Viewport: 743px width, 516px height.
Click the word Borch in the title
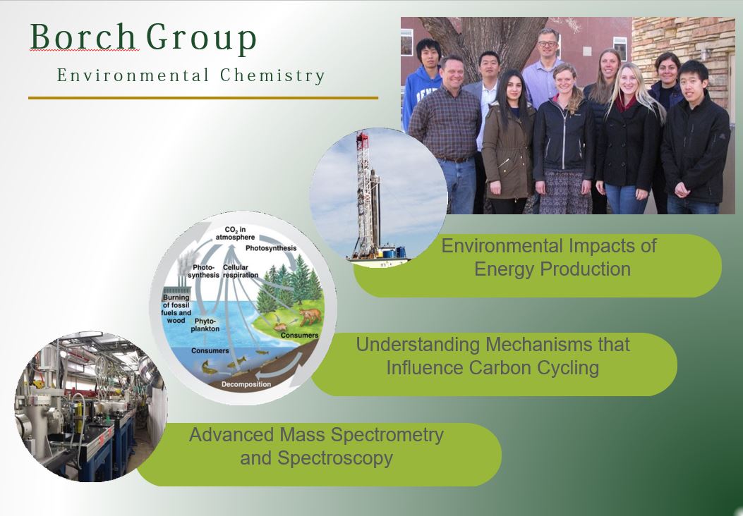click(x=83, y=37)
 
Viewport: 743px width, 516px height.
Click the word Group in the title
click(x=201, y=39)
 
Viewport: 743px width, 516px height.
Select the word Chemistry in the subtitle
click(x=272, y=75)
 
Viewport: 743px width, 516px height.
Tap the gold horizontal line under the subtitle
click(x=203, y=98)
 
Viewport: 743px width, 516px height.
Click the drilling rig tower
click(x=367, y=193)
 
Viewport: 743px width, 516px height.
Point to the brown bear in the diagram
click(x=309, y=317)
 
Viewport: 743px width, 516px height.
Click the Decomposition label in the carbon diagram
click(x=246, y=384)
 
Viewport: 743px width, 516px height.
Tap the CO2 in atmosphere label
click(x=235, y=233)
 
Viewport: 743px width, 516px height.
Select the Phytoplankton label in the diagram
click(x=205, y=325)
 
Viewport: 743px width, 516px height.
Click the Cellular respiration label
click(x=241, y=271)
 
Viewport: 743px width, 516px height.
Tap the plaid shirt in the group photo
click(x=445, y=123)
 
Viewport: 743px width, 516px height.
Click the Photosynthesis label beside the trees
click(x=271, y=248)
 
